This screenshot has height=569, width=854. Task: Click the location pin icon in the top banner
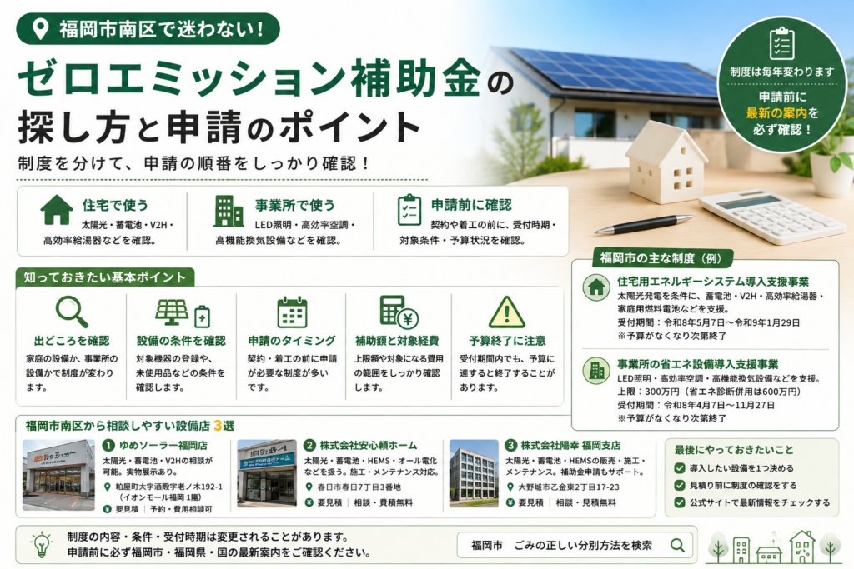pos(40,29)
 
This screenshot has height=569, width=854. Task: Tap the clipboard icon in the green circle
pos(781,43)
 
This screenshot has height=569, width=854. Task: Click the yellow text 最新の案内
pos(776,113)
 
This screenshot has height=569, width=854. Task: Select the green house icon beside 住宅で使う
pos(56,209)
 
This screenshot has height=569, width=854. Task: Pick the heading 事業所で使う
pos(294,205)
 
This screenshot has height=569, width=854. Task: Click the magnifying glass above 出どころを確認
pos(72,311)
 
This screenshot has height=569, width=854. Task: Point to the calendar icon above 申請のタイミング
pos(292,312)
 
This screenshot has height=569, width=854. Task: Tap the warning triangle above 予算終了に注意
pos(507,312)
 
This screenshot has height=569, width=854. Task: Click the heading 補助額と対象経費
pos(397,341)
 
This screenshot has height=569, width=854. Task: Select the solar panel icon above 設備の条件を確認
pos(172,312)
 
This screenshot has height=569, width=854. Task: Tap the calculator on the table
pos(772,217)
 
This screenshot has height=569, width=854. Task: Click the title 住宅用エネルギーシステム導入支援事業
pos(713,282)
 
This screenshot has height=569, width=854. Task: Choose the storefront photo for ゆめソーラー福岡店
pos(58,474)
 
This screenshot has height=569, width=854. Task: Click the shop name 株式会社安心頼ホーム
pos(368,446)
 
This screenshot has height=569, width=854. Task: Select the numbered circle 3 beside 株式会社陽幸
pos(510,446)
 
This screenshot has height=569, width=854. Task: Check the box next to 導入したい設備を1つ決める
pos(679,468)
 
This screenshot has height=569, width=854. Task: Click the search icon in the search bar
pos(677,545)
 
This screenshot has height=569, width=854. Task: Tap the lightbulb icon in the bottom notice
pos(42,545)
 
